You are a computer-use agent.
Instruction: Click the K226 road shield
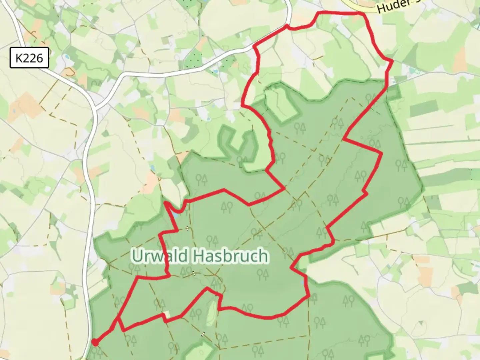click(x=29, y=58)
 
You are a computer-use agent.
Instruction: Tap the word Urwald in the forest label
click(x=160, y=256)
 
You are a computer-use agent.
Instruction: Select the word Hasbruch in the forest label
click(x=230, y=256)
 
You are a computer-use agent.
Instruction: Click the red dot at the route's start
click(x=95, y=342)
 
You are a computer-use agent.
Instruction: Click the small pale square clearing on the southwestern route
click(x=166, y=314)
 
